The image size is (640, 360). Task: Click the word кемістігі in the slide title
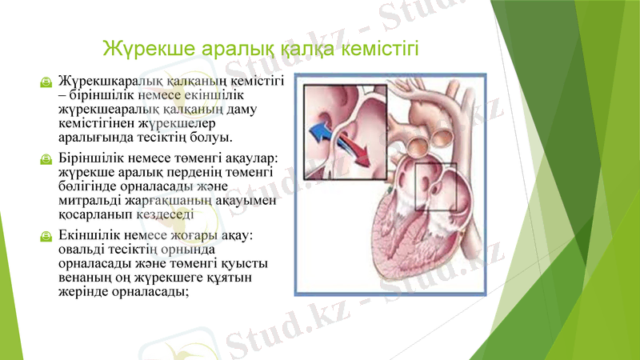(x=380, y=51)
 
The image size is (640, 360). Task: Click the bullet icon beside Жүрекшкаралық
(x=47, y=82)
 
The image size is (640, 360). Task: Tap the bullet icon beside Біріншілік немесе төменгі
(x=47, y=160)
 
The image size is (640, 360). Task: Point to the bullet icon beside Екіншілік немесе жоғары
(x=47, y=237)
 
